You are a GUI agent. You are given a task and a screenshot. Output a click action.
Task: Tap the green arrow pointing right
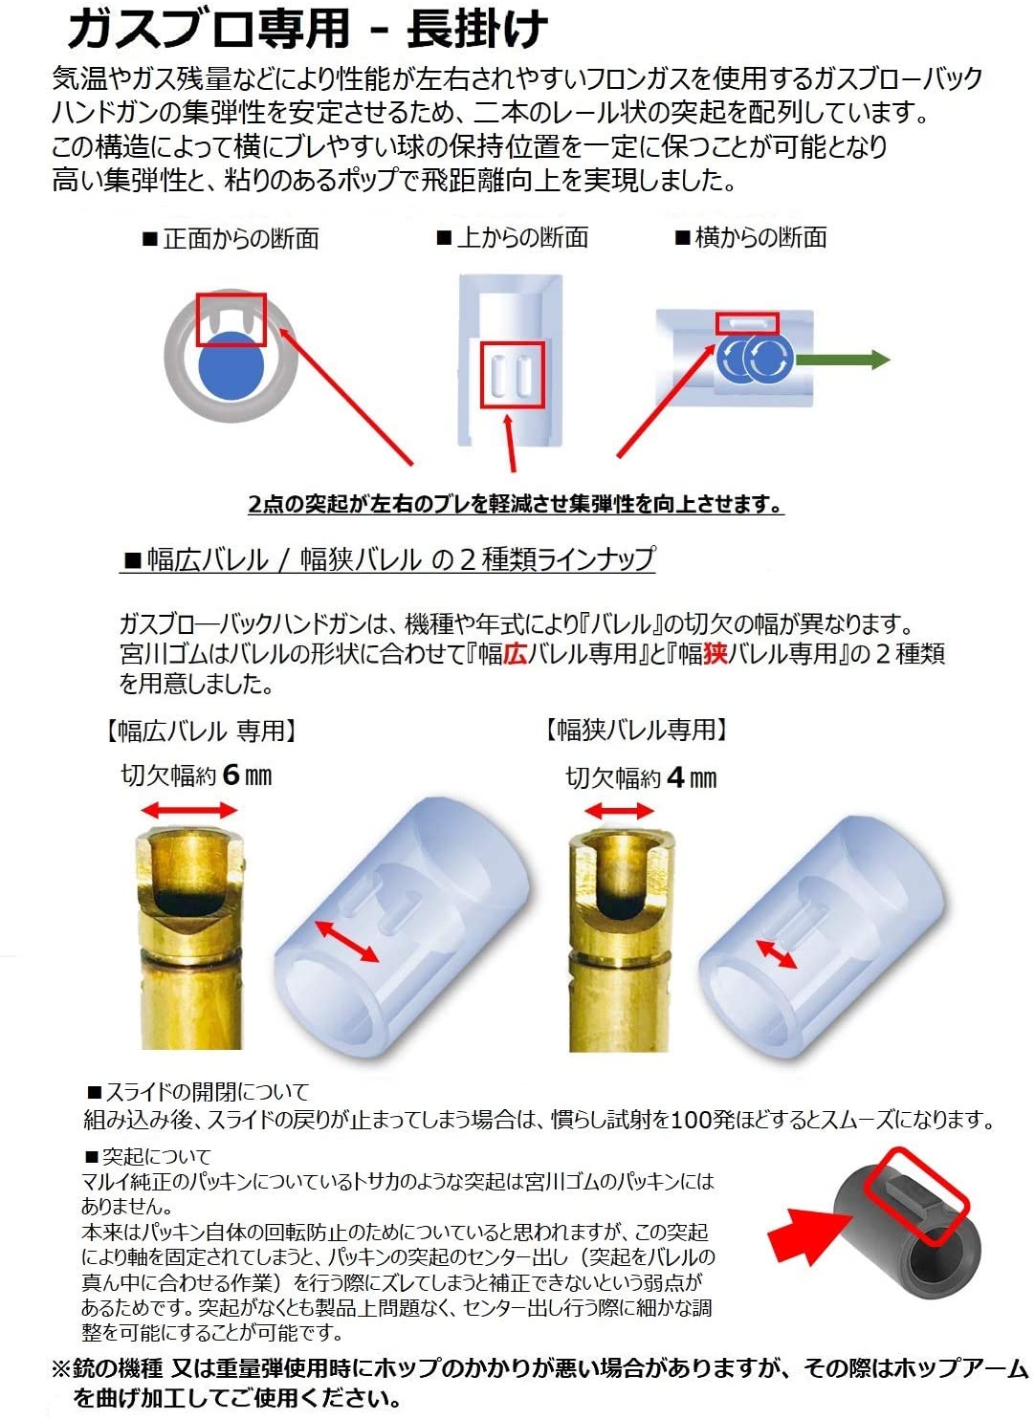point(843,360)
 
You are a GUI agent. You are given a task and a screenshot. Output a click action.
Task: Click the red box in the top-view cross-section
point(512,374)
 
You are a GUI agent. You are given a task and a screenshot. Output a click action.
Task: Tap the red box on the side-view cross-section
point(748,323)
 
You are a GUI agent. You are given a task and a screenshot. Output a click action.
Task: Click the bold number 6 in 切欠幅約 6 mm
point(231,775)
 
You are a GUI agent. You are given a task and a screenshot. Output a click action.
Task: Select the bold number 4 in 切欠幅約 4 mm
point(675,777)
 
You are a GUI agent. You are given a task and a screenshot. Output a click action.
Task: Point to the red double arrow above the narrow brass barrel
point(620,812)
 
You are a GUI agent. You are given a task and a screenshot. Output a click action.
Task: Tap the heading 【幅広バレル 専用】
point(200,731)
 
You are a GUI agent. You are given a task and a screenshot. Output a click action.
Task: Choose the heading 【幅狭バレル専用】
point(635,731)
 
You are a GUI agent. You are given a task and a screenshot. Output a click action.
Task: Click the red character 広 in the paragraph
point(516,654)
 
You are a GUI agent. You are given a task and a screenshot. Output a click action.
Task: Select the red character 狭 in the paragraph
point(715,654)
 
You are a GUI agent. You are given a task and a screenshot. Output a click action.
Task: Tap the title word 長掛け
point(477,29)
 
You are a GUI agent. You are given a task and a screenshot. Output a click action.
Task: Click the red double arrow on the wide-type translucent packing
point(347,941)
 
